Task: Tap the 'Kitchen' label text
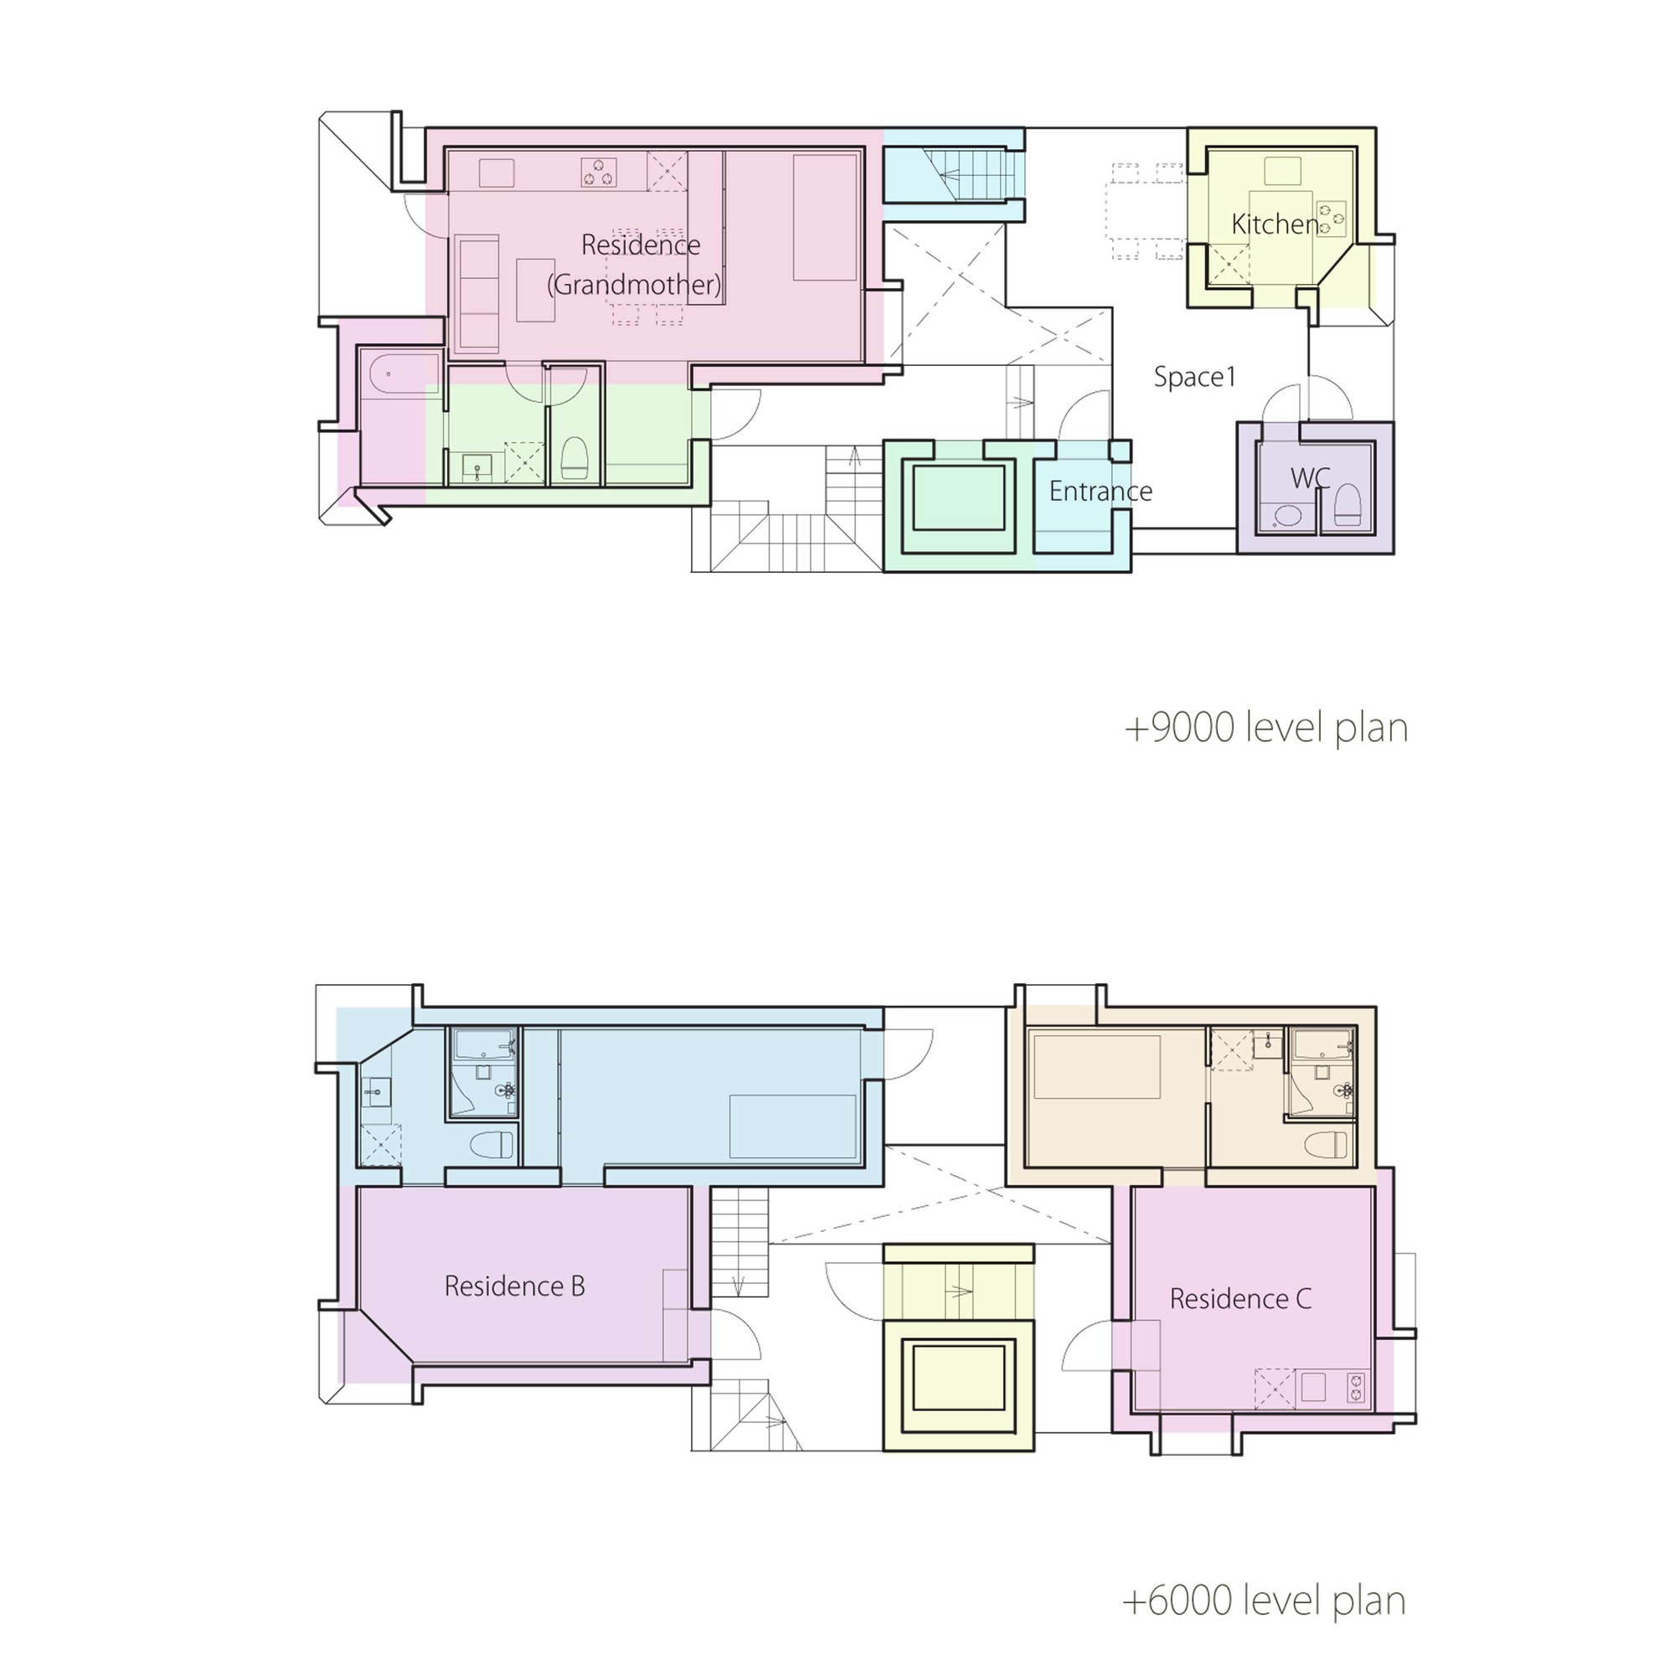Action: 1275,224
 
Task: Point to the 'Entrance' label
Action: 1100,492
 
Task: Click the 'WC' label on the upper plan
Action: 1309,477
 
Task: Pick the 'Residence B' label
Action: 514,1286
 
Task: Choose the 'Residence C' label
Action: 1239,1299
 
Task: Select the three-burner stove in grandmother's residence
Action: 598,173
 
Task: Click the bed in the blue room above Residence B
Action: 792,1126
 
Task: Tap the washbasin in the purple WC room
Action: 1286,516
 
